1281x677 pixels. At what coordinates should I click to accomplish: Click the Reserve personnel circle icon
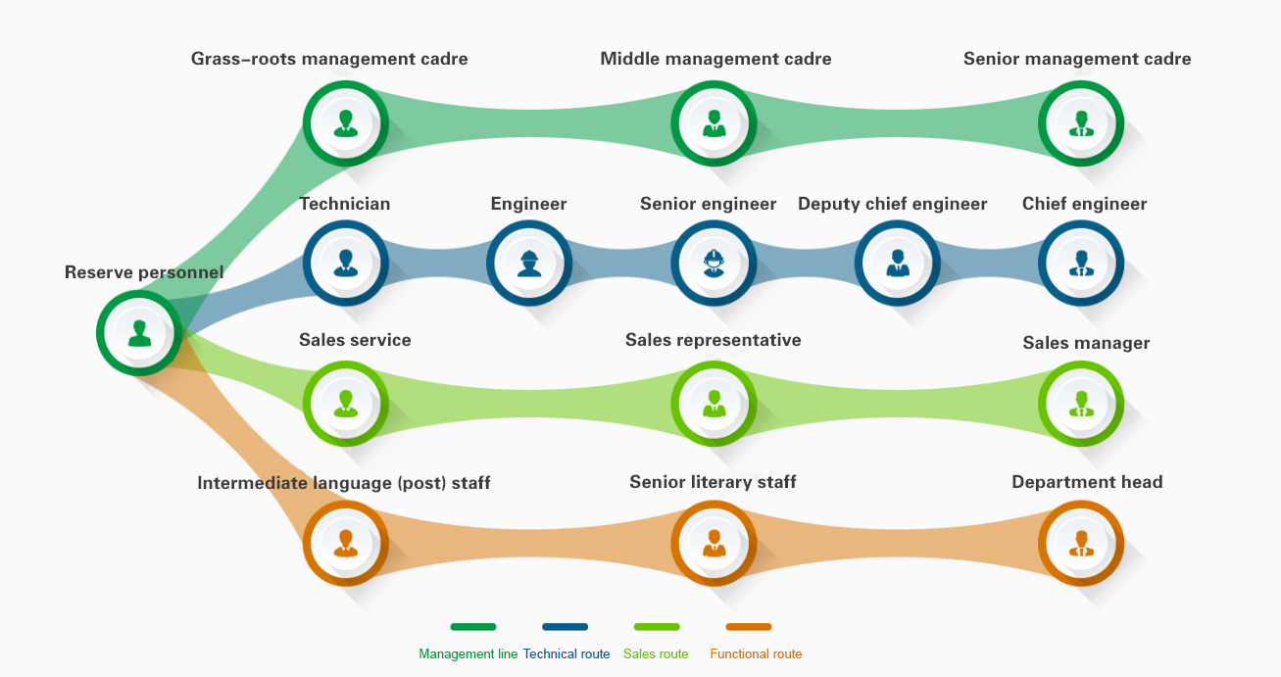pos(139,333)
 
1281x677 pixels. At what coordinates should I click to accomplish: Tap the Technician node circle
pos(345,263)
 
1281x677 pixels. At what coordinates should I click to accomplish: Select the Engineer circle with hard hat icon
pos(529,263)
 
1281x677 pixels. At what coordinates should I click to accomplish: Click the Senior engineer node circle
pos(714,263)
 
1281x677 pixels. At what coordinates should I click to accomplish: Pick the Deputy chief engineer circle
pos(897,263)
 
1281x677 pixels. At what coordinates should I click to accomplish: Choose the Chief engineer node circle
pos(1081,263)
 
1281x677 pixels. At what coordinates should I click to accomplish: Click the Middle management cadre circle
pos(714,123)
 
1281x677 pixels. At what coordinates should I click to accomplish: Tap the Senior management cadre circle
pos(1081,123)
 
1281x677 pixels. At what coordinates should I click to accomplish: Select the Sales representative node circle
pos(714,403)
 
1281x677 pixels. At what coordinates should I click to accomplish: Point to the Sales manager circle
pos(1081,403)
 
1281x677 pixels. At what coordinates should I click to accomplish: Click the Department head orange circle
pos(1081,543)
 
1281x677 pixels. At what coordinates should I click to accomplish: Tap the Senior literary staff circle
pos(714,543)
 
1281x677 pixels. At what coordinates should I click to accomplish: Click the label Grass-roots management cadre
pos(329,59)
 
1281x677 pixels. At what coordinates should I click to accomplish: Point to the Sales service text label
pos(355,340)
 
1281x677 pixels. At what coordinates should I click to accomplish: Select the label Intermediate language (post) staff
pos(344,483)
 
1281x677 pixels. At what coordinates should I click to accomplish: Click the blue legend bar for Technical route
pos(565,627)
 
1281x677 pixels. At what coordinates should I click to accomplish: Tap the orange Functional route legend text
pos(756,654)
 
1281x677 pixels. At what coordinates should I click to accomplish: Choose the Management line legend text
pos(468,654)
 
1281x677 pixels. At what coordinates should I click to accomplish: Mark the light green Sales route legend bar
pos(657,627)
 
